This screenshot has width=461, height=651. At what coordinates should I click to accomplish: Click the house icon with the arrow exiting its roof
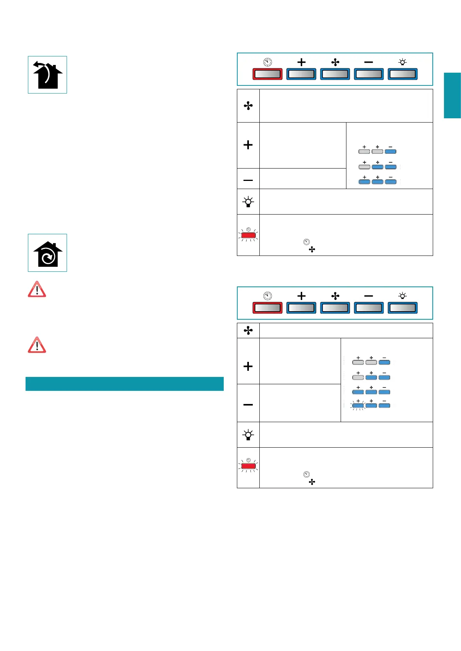[47, 75]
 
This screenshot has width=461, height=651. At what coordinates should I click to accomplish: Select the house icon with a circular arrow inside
[47, 253]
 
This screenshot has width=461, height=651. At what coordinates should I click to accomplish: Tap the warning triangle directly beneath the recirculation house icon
[37, 290]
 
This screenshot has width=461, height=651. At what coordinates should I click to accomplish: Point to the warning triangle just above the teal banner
[37, 345]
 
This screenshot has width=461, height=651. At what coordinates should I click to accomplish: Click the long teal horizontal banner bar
[124, 384]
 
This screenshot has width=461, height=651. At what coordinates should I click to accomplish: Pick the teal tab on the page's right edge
[452, 95]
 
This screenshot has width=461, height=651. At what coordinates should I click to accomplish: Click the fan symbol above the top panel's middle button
[335, 62]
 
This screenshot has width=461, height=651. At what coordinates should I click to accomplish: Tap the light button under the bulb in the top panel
[403, 74]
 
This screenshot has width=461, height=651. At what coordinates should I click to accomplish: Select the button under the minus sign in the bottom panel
[368, 308]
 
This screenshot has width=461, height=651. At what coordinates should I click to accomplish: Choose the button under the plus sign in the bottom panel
[301, 308]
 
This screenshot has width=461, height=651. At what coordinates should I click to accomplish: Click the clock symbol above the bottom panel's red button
[267, 296]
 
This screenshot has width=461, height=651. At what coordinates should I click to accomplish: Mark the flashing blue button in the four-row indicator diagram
[358, 406]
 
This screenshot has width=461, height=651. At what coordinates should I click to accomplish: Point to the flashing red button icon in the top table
[248, 235]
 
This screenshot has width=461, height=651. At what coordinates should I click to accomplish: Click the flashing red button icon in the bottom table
[248, 466]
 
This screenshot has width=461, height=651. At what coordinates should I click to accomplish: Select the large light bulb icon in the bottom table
[248, 435]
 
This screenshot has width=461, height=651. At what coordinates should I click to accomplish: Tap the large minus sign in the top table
[248, 180]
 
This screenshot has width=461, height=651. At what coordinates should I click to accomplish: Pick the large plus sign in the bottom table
[248, 366]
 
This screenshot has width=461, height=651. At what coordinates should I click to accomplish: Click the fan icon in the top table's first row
[248, 106]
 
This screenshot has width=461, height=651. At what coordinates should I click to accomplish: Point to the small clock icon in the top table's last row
[307, 242]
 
